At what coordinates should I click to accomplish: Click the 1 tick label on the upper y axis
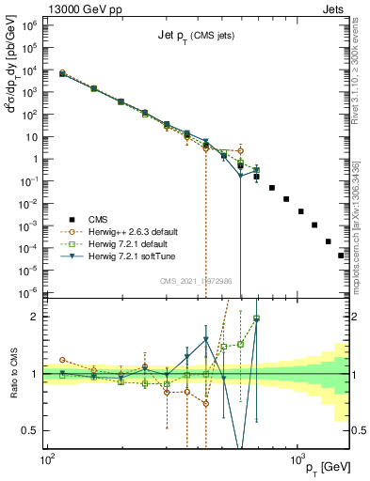point(31,159)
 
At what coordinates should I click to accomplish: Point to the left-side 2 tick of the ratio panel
point(35,317)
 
